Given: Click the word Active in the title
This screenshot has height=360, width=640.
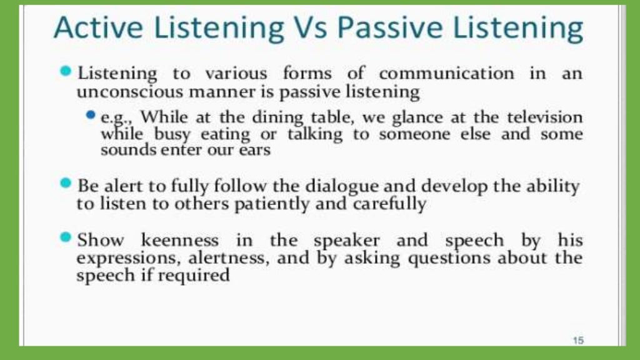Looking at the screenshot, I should [96, 28].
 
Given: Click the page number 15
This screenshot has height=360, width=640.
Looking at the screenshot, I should [577, 340].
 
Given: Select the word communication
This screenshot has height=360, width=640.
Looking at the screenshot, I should [446, 73].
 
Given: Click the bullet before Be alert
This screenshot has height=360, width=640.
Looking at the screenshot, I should [66, 184].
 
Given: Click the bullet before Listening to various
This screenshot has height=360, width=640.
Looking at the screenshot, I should [66, 71].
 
